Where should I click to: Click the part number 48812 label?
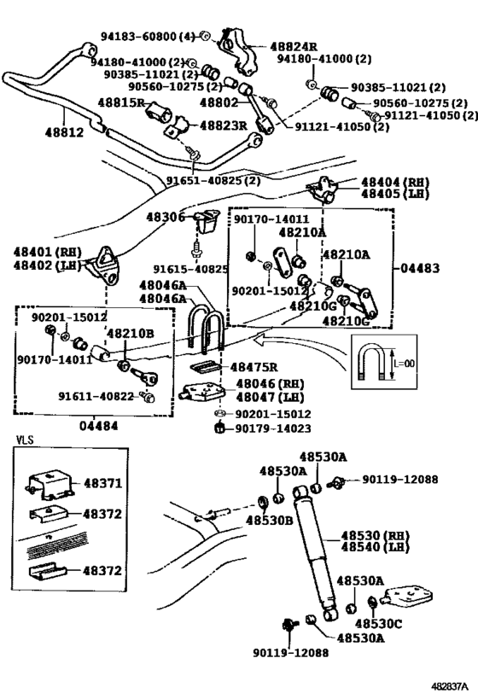(x=64, y=132)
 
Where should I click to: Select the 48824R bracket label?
(x=294, y=46)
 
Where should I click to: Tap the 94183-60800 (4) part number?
(x=148, y=36)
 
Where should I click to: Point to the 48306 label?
(x=166, y=217)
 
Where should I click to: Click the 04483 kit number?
(x=420, y=268)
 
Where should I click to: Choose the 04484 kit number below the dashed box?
(x=99, y=426)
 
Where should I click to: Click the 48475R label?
(x=254, y=367)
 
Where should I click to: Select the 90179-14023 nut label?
(x=273, y=428)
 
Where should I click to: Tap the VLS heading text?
(x=25, y=440)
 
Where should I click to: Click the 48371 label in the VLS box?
(x=102, y=483)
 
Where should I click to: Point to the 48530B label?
(x=270, y=520)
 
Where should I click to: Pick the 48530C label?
(x=378, y=624)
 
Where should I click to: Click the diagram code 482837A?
(x=450, y=685)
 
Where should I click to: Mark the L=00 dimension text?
(x=404, y=364)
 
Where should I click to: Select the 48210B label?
(x=131, y=333)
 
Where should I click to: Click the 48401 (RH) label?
(x=47, y=252)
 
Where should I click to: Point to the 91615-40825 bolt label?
(x=191, y=269)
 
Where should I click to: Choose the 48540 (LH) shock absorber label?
(x=375, y=546)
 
